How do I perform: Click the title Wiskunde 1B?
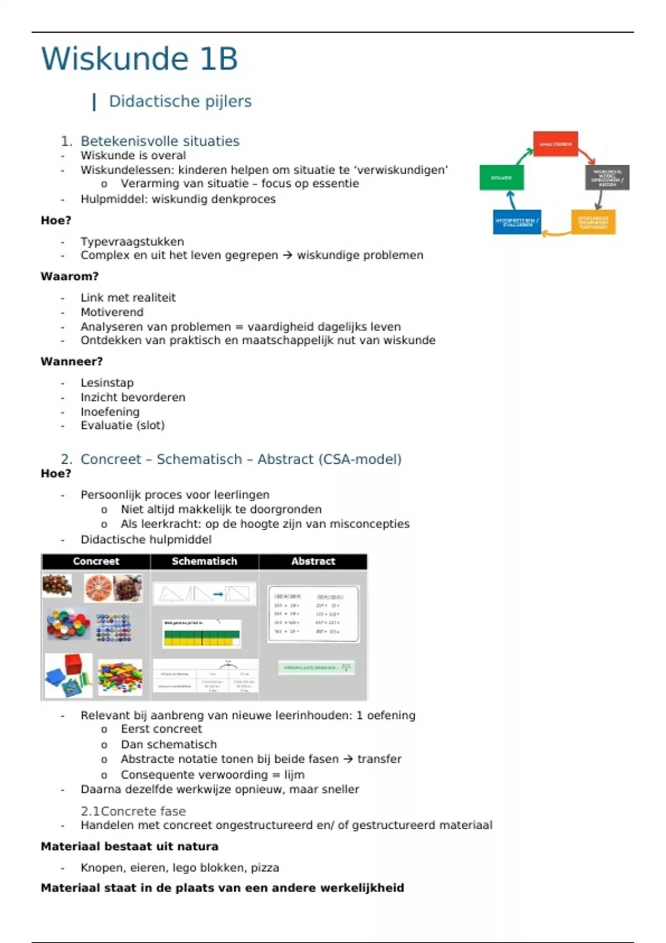(139, 59)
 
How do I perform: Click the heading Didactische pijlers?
(180, 101)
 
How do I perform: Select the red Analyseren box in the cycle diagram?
(555, 144)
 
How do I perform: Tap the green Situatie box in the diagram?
(501, 178)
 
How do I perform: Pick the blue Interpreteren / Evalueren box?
(517, 222)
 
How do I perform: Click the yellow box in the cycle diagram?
(593, 222)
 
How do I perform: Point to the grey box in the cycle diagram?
(607, 178)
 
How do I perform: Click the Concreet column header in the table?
(95, 561)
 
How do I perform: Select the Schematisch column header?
(204, 561)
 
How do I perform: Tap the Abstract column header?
(313, 561)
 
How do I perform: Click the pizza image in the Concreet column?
(98, 587)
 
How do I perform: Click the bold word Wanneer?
(72, 362)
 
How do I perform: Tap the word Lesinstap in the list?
(107, 383)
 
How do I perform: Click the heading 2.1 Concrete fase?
(133, 811)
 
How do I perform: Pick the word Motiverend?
(112, 312)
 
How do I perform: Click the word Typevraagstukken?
(132, 242)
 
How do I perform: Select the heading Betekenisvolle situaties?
(160, 141)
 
